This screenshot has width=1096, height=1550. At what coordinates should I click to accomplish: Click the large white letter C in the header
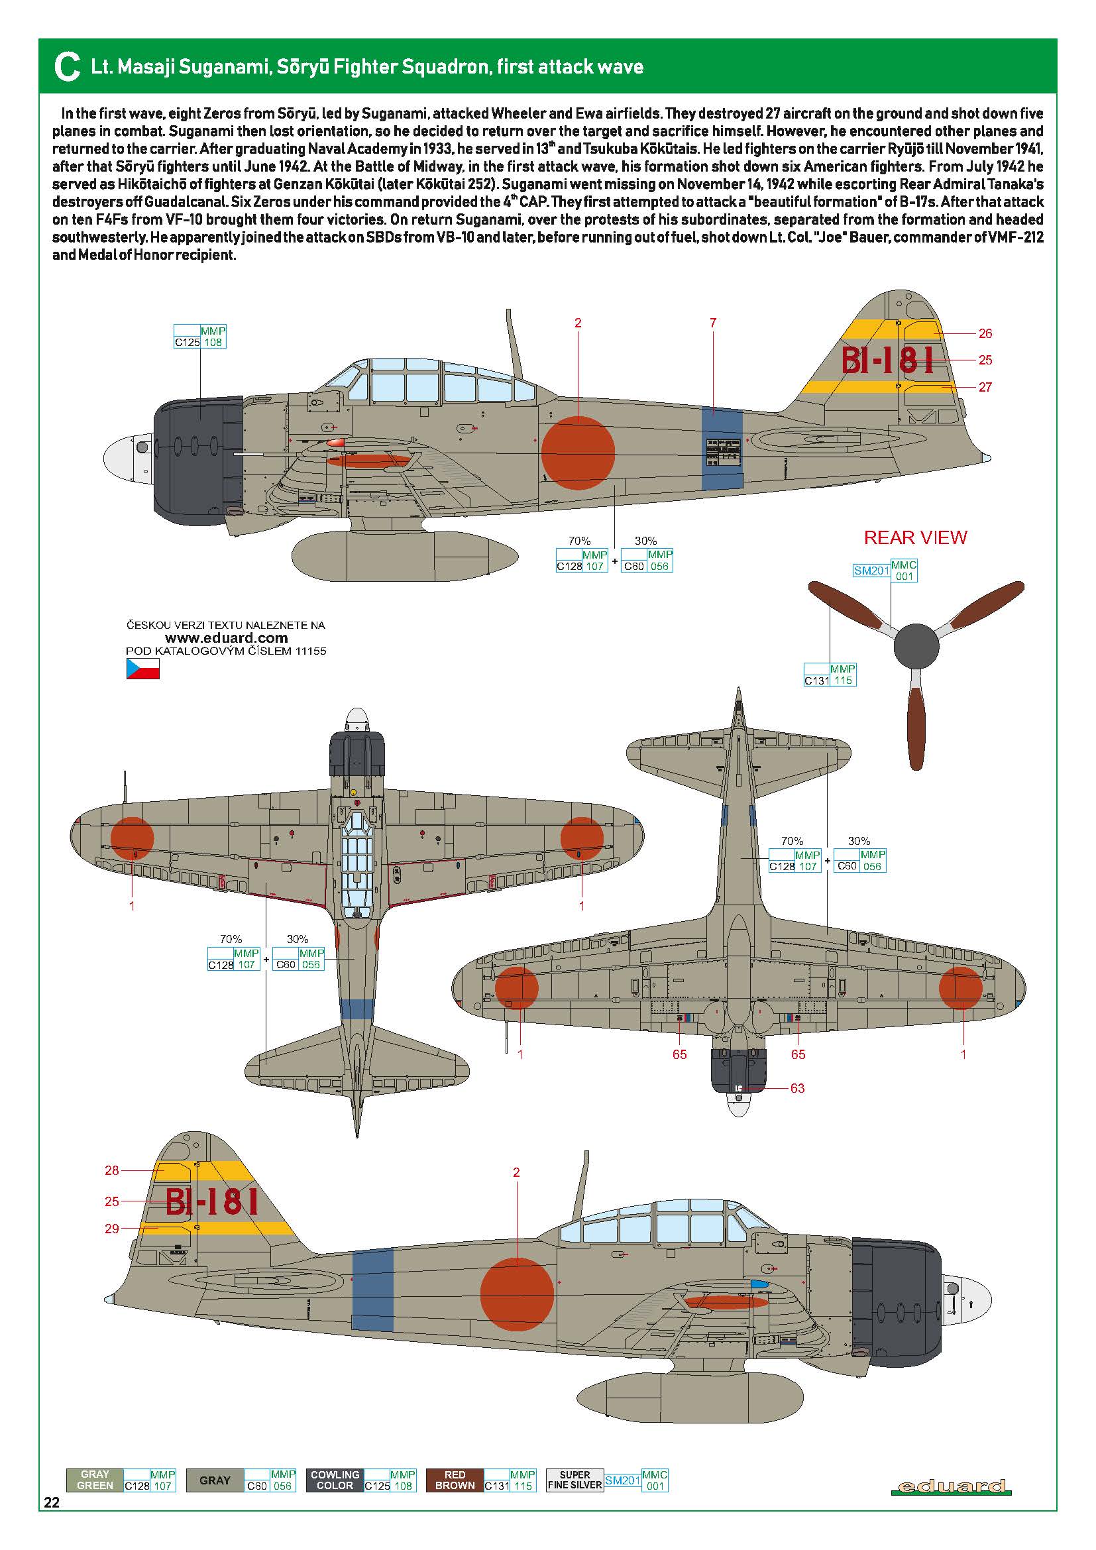[67, 68]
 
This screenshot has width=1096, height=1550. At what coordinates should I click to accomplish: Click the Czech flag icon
[143, 669]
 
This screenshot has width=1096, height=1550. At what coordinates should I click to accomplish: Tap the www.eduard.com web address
[226, 638]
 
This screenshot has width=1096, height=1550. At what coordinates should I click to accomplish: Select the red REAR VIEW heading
[915, 537]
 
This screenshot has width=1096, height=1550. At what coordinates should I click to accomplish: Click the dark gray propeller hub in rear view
[916, 647]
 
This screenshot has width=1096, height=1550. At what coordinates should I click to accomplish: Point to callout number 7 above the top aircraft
[713, 323]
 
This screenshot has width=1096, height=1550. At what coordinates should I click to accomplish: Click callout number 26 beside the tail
[985, 333]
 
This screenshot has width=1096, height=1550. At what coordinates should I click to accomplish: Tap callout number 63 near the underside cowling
[797, 1088]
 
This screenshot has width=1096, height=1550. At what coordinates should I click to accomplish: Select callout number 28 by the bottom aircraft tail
[112, 1170]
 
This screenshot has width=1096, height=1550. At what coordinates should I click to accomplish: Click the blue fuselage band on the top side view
[722, 448]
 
